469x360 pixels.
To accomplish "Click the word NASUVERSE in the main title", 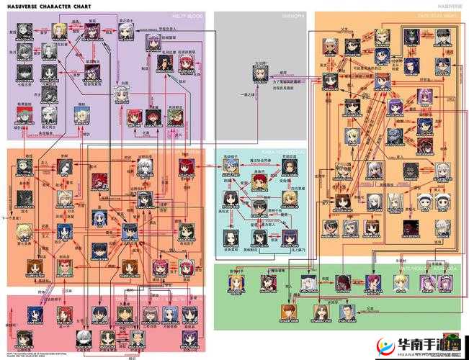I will tap(22, 5).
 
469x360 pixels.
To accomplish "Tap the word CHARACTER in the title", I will tap(58, 5).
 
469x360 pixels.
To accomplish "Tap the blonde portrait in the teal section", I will tap(290, 197).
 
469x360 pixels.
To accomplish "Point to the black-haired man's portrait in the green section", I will tap(344, 312).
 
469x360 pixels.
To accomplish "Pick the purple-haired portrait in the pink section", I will tap(189, 314).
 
